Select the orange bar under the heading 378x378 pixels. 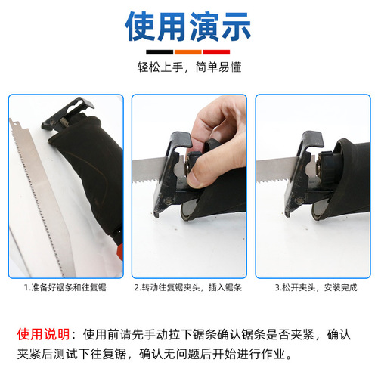tap(189, 51)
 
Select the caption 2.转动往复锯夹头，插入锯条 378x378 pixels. tap(189, 287)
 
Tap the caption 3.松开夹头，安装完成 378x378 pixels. tap(312, 287)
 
